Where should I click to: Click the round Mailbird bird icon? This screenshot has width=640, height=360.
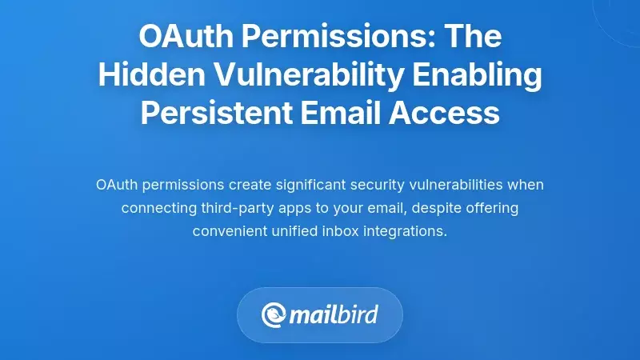click(274, 314)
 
